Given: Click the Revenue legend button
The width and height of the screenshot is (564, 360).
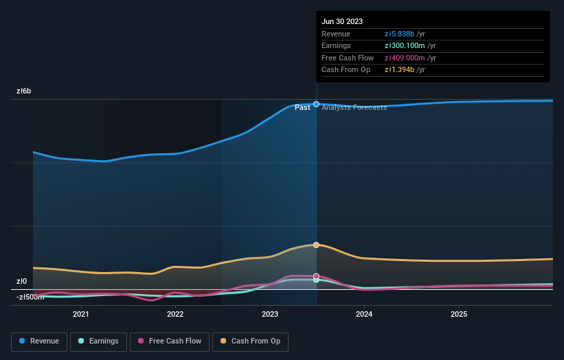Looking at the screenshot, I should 40,341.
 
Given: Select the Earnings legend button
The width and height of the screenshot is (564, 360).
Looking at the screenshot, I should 98,341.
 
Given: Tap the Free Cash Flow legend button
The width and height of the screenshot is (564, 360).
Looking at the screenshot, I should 170,341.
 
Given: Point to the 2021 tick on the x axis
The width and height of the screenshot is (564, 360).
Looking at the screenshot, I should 81,314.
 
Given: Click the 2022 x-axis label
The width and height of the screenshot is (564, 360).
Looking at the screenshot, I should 175,314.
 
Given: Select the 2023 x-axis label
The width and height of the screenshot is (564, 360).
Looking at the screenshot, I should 270,314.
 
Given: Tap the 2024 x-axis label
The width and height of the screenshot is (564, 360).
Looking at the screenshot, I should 364,314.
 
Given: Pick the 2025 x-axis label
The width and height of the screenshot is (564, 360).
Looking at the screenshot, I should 459,314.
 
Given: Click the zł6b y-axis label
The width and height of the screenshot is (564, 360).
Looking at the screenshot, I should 24,91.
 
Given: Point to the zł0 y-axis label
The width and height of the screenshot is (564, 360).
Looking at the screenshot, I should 22,281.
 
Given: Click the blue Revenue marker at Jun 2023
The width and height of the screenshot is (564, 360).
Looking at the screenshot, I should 316,104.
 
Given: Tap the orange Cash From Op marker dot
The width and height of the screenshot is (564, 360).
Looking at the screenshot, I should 316,245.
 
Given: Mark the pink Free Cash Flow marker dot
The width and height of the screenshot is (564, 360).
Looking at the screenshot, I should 316,276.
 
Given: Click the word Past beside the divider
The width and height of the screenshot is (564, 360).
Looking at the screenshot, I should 302,107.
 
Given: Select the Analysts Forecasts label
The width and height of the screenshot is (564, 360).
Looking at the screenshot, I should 354,107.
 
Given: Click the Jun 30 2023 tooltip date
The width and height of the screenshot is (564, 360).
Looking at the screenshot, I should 341,21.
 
